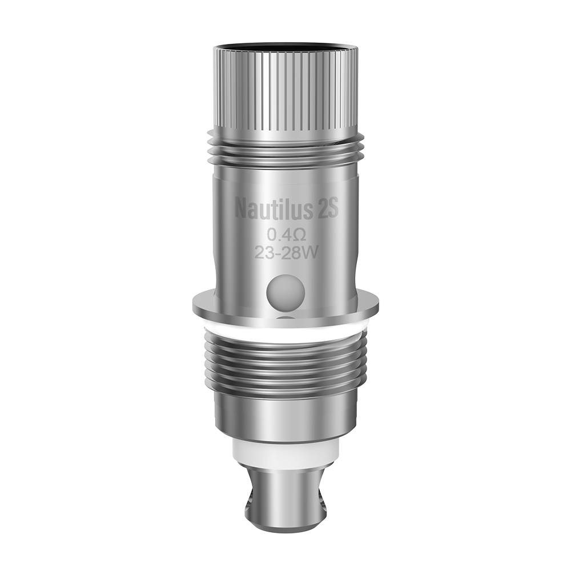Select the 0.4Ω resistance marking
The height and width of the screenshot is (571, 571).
pyautogui.click(x=286, y=234)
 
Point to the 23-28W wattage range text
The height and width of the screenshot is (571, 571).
pyautogui.click(x=286, y=253)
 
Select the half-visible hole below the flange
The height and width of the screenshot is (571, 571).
pyautogui.click(x=286, y=320)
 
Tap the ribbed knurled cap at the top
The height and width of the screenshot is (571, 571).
pyautogui.click(x=286, y=91)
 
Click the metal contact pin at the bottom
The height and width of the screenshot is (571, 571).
pyautogui.click(x=286, y=497)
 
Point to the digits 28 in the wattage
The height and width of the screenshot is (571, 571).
pyautogui.click(x=292, y=253)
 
